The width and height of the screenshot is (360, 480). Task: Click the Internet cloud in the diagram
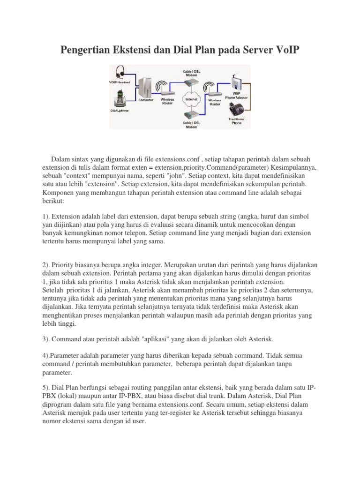coord(190,100)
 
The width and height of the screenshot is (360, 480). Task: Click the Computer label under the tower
coord(146,100)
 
